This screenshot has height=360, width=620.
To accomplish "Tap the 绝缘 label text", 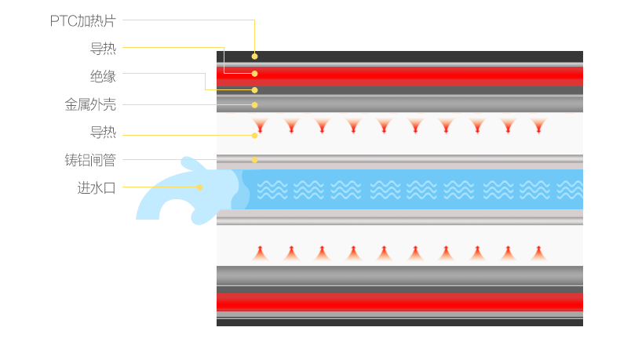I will [x=103, y=76].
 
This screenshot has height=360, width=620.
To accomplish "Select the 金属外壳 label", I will [x=90, y=104].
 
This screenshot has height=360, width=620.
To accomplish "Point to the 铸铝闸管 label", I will [x=90, y=160].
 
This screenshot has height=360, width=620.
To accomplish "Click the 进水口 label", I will [x=97, y=187].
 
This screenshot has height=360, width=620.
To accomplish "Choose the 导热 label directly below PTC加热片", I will [x=103, y=49].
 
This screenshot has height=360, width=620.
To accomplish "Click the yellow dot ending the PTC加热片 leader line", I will [x=254, y=56].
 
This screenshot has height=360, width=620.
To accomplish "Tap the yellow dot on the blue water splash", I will [x=200, y=187].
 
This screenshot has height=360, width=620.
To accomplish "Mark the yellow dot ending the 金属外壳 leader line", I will [x=254, y=104].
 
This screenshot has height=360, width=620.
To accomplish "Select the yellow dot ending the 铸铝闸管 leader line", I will [x=254, y=160].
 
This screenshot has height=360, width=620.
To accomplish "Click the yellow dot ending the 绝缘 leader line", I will [x=254, y=90].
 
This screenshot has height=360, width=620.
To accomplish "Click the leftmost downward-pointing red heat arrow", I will [x=260, y=125].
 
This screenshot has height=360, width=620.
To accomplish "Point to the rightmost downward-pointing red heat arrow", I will [x=538, y=125].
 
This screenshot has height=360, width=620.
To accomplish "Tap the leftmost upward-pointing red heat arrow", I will [x=260, y=253].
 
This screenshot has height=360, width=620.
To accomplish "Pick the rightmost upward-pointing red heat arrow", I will [x=538, y=253].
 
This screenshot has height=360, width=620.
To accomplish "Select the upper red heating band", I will [x=399, y=75].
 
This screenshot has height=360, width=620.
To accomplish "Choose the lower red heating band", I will [x=399, y=301].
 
